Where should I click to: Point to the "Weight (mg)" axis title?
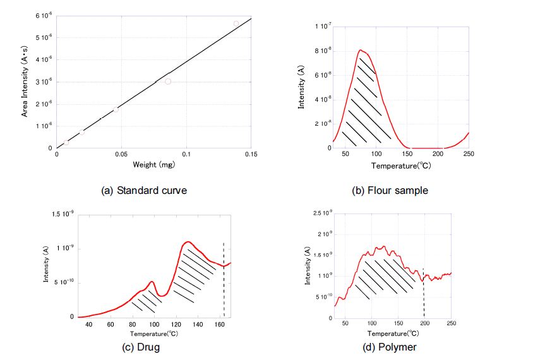point(153,165)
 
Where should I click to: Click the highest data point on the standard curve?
point(236,24)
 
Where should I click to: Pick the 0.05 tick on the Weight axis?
point(121,154)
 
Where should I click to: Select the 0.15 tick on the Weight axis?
point(251,154)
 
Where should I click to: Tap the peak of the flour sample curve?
point(361,50)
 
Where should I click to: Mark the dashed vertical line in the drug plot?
point(224,278)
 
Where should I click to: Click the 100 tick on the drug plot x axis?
point(154,324)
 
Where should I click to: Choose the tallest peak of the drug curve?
point(188,242)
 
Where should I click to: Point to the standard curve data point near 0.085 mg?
point(168,81)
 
